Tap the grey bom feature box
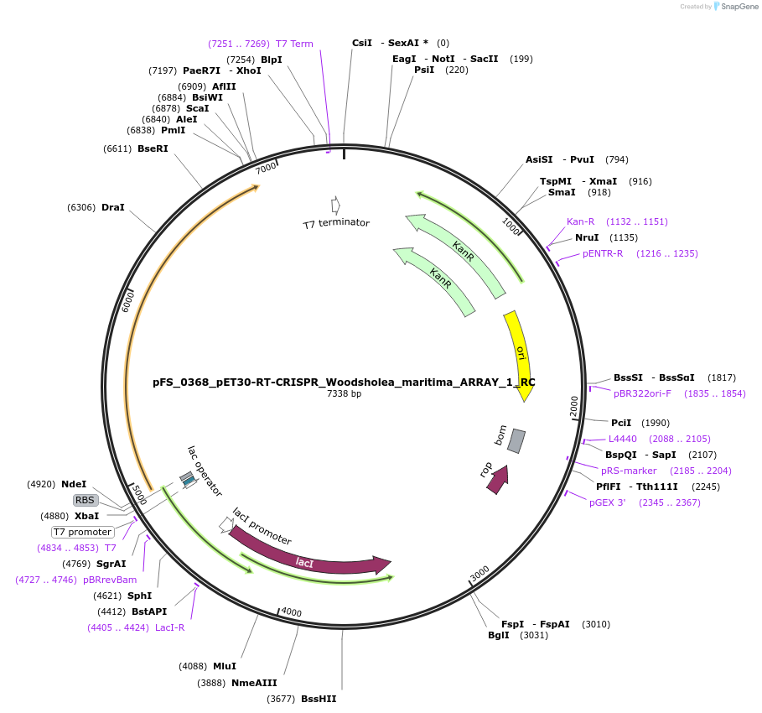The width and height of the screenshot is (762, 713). (x=516, y=441)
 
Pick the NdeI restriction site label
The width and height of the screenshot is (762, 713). (x=74, y=484)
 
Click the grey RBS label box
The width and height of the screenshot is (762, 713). (x=85, y=500)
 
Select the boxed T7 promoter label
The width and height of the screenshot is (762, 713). (x=83, y=532)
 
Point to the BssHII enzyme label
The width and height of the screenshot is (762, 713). (x=319, y=699)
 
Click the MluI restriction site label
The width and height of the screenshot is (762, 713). (x=225, y=666)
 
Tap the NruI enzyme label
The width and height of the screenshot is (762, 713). (x=588, y=237)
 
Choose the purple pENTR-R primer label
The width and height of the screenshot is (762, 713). (x=603, y=253)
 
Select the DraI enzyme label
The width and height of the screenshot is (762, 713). (x=112, y=207)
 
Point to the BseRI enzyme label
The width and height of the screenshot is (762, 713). (x=153, y=148)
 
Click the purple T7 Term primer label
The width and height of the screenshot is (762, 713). (x=294, y=44)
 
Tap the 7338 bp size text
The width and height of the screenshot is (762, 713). (x=344, y=393)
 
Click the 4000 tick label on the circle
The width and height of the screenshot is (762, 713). (x=291, y=612)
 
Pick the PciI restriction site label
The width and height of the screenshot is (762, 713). (x=621, y=423)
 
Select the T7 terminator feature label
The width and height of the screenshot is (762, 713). (x=336, y=223)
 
